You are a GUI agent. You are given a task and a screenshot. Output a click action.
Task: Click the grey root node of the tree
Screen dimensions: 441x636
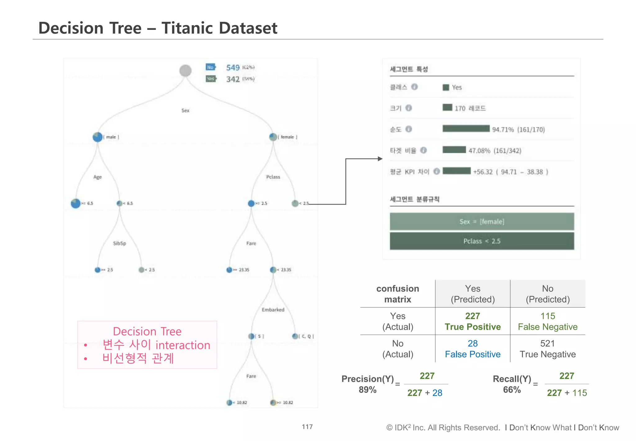tap(185, 71)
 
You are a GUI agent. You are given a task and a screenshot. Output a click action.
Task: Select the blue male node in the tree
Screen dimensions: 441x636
tap(98, 137)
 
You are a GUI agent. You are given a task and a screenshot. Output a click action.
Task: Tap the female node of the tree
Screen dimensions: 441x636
tap(273, 137)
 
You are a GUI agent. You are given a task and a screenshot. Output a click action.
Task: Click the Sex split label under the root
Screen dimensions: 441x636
tap(185, 110)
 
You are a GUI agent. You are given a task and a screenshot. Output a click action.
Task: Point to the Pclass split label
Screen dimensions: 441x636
tap(273, 177)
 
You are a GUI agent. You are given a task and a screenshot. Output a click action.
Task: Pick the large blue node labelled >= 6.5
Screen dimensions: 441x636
tap(76, 203)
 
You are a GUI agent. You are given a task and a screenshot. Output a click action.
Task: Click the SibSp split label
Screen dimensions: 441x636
tap(120, 243)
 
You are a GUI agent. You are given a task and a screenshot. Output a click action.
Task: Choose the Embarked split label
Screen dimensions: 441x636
tap(273, 310)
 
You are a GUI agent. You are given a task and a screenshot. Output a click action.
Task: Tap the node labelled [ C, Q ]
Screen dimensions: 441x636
tap(295, 336)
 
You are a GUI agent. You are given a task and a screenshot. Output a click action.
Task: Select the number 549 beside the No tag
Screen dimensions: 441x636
tap(233, 67)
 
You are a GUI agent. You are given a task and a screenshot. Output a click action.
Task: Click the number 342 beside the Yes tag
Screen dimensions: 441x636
tap(233, 79)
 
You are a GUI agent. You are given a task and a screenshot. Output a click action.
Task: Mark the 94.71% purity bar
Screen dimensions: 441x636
tap(466, 129)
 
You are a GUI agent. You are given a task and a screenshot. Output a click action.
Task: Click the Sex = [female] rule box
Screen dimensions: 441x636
tap(482, 222)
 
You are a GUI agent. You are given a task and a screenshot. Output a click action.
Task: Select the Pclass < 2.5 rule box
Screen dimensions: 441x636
tap(482, 241)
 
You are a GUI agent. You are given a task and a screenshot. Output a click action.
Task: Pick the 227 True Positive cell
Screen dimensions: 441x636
tap(473, 321)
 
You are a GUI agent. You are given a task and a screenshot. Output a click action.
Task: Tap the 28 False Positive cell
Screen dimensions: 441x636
tap(473, 349)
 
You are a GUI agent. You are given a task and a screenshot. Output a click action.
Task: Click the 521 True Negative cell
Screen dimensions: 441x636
tap(547, 349)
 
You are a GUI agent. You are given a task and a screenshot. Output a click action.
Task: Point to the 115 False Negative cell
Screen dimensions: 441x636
tap(547, 321)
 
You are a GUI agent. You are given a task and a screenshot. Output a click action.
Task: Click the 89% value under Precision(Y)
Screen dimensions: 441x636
tap(368, 390)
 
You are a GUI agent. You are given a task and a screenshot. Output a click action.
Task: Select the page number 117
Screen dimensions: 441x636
tap(307, 427)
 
